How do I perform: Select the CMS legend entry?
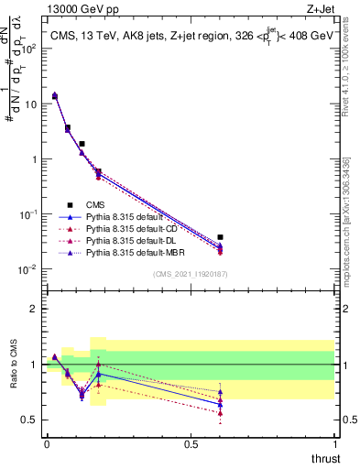coord(71,204)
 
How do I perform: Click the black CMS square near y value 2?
coord(82,144)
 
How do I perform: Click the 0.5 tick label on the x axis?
coord(191,445)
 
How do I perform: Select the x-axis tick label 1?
coord(335,445)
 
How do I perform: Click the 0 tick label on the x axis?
coord(47,445)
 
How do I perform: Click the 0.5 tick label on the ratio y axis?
coord(30,420)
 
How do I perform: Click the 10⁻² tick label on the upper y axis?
coord(28,269)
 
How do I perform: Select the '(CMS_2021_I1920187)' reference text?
coord(190,274)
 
